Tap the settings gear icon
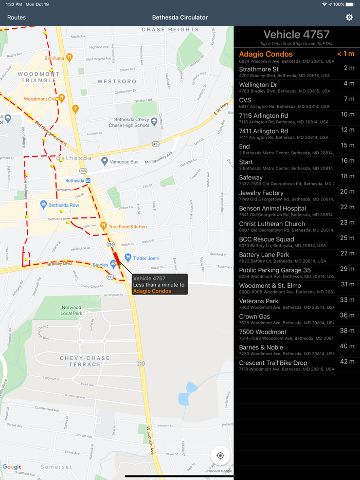click(x=349, y=17)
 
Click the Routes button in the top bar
click(x=16, y=17)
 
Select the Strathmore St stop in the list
click(x=259, y=69)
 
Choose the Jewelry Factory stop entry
click(x=261, y=193)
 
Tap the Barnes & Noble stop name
click(x=261, y=347)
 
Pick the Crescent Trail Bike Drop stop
click(x=273, y=363)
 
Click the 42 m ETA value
click(x=347, y=362)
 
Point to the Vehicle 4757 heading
click(x=296, y=35)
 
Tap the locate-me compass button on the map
click(x=220, y=455)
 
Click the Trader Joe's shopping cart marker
click(x=128, y=257)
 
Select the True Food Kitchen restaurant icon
click(x=103, y=226)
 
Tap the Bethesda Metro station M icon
click(x=88, y=181)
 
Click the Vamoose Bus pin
click(x=105, y=161)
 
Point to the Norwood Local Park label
click(x=71, y=310)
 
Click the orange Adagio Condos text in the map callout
click(x=152, y=291)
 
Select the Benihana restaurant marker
click(x=69, y=58)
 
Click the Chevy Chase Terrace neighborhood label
click(x=85, y=361)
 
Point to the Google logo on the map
click(x=12, y=467)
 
